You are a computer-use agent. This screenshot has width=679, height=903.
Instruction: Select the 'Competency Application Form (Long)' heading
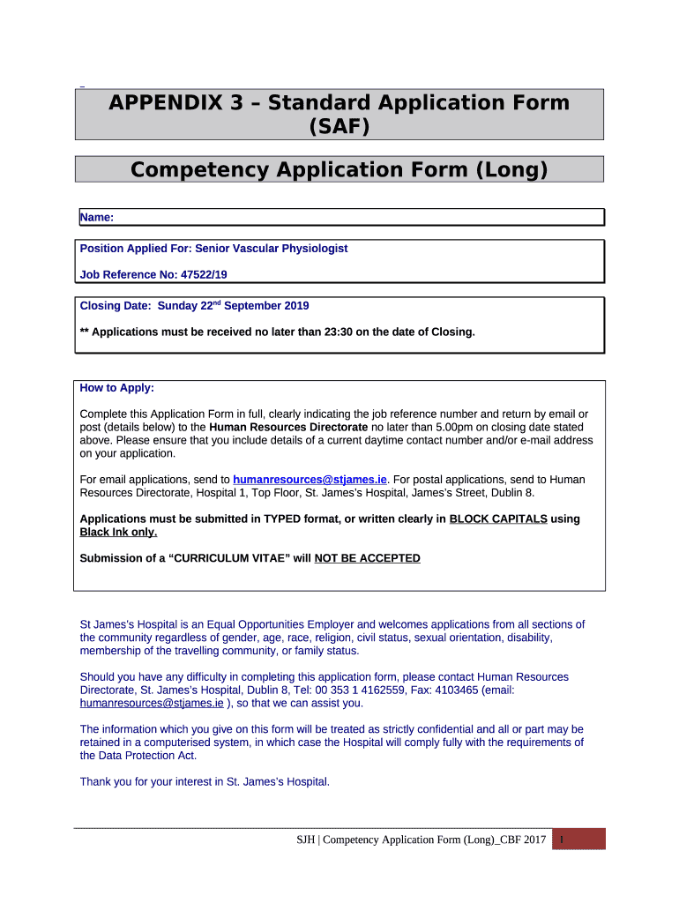tap(339, 169)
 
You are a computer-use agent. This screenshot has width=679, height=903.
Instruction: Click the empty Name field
tap(353, 217)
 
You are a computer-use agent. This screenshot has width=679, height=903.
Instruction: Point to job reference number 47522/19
tap(204, 275)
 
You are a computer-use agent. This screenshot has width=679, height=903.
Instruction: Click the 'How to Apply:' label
tap(117, 388)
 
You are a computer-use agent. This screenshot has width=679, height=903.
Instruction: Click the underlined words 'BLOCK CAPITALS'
tap(498, 519)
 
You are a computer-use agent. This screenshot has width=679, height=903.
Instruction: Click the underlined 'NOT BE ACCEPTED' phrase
tap(367, 559)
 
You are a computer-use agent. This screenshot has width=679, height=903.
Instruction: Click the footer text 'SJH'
tap(306, 840)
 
